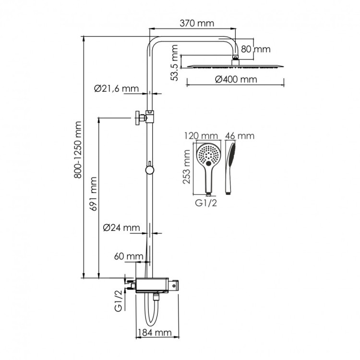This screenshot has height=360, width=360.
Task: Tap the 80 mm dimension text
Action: pos(255,49)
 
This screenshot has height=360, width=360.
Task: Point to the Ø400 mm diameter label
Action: pos(236,79)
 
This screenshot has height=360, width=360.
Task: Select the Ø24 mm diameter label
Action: pos(121,228)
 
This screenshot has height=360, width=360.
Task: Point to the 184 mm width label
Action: pos(154,332)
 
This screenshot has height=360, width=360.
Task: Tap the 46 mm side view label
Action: pos(240,136)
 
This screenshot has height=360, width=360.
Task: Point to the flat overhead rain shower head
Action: pos(235,66)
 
